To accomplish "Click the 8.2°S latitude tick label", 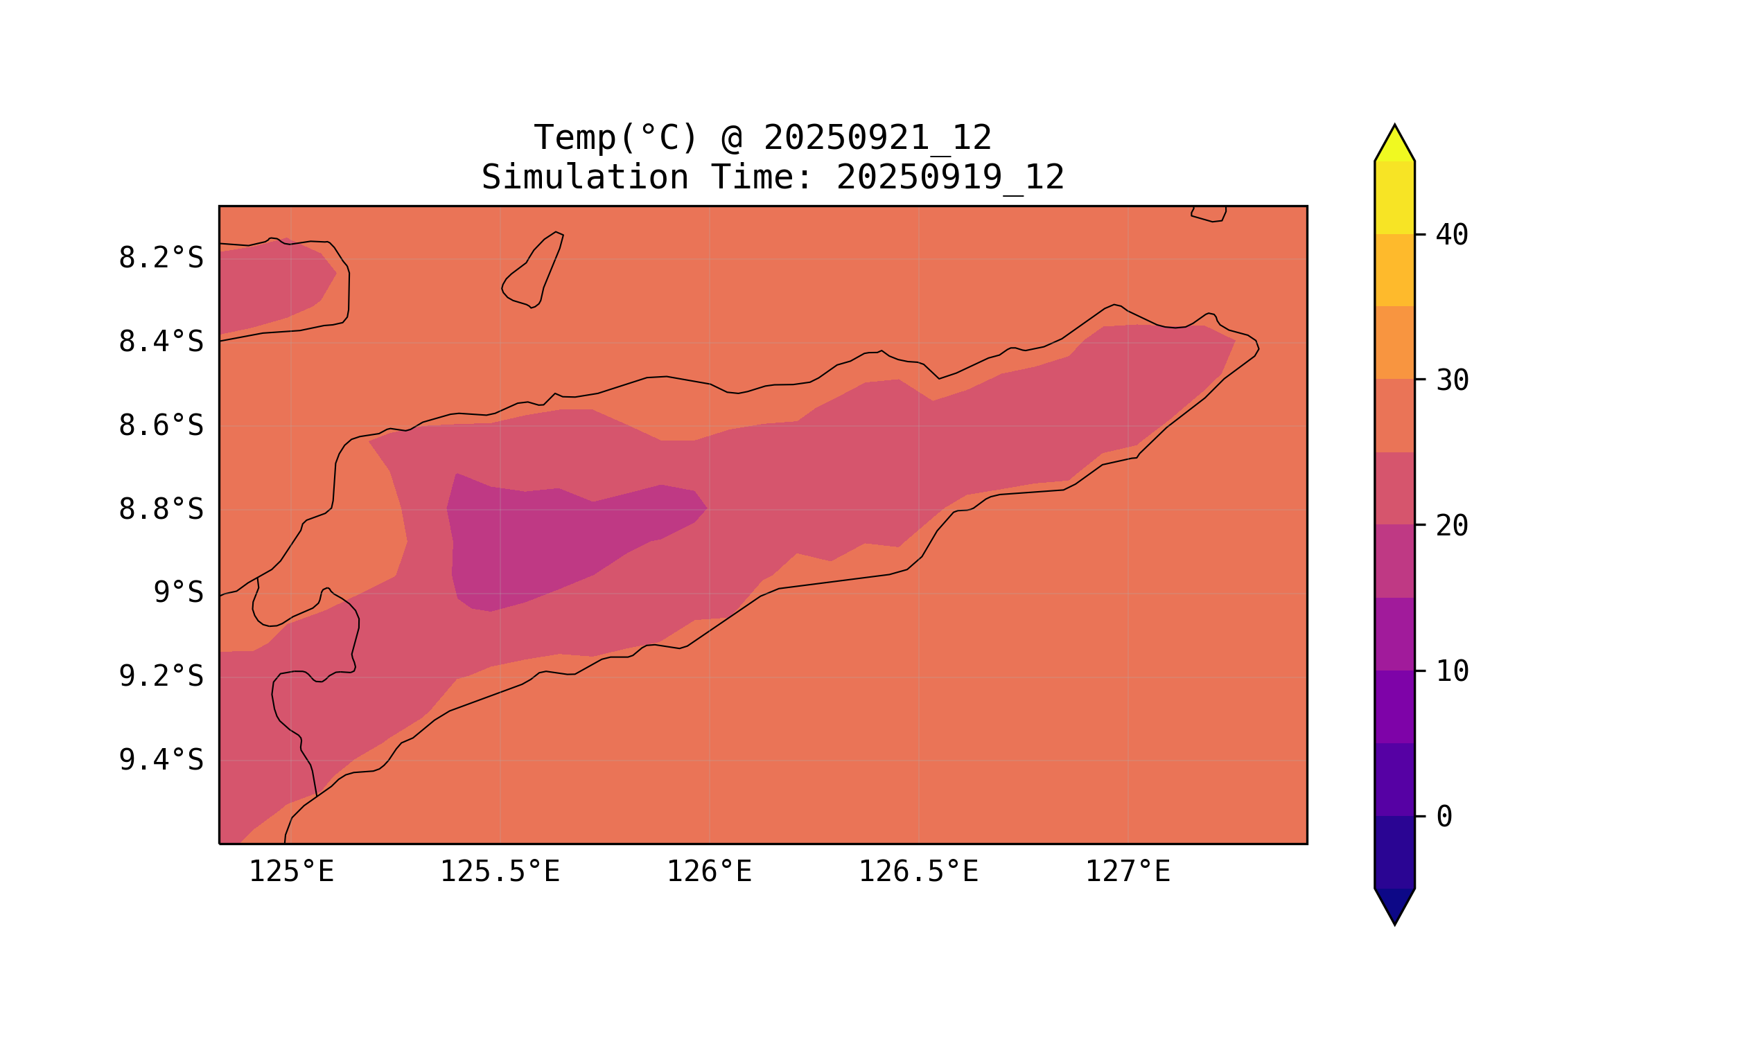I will (x=160, y=258).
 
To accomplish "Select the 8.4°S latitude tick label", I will (x=160, y=342).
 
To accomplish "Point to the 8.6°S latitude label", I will (x=160, y=426).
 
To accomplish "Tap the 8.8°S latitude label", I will (x=160, y=510).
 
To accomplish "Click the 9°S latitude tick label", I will (x=178, y=593).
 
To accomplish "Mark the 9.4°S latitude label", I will (x=160, y=761).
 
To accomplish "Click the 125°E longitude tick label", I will (x=291, y=872).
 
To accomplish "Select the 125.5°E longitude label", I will (x=500, y=872).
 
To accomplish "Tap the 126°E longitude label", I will (x=709, y=872).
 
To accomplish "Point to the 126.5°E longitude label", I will (x=918, y=872).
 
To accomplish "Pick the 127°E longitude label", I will (x=1127, y=872).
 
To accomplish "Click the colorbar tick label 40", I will (x=1451, y=236).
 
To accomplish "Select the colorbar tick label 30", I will (x=1451, y=381).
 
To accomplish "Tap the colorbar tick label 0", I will (x=1444, y=817).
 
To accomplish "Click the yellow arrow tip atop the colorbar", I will (x=1394, y=145).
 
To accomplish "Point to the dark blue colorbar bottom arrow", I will (x=1394, y=904).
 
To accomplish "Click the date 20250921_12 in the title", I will (x=877, y=138).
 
